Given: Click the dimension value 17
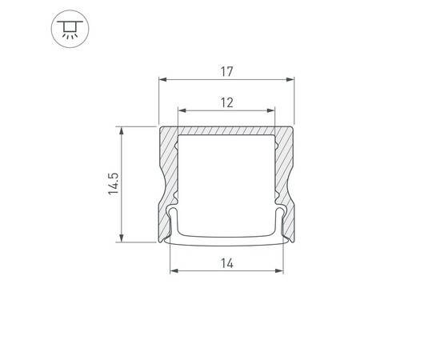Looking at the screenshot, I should pos(226,72).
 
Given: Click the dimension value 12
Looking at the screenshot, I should pos(226,102).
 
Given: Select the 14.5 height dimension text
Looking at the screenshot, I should pos(113,183).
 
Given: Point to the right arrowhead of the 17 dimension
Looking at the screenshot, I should pos(293,80).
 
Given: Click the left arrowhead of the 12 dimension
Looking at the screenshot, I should pos(179,110).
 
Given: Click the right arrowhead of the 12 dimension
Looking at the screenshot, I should pos(274,110).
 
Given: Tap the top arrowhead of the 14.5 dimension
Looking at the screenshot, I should pos(122,130).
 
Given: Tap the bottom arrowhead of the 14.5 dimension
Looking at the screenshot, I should pos(122,238).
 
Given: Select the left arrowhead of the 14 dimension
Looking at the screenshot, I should pos(173,270).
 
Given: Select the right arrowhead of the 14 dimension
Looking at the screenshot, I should pos(282,270).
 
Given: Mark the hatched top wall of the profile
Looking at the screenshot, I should pos(226,131).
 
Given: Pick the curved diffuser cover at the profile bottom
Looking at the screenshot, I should pos(226,238).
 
